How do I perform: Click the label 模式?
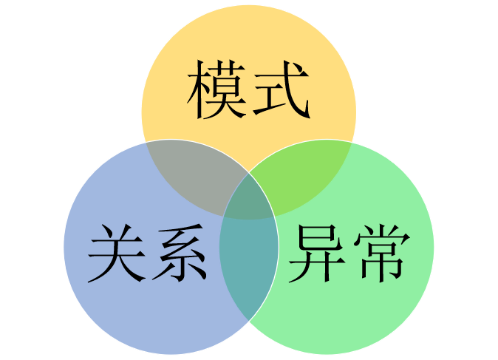(248, 91)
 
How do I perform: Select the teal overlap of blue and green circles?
(248, 274)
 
